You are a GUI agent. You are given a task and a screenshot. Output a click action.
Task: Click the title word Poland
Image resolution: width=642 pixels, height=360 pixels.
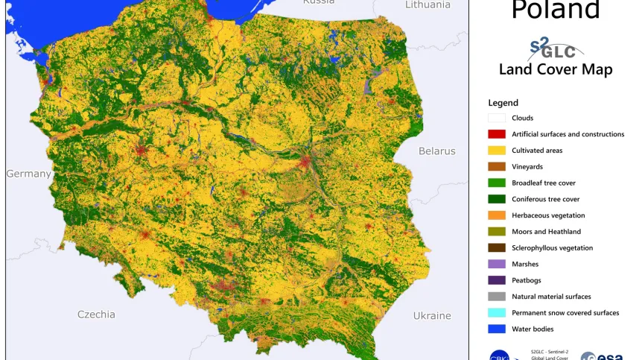click(556, 10)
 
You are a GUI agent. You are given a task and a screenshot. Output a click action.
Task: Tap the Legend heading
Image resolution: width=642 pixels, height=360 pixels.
click(503, 103)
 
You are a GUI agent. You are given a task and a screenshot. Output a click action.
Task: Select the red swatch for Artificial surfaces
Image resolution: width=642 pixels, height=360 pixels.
click(497, 134)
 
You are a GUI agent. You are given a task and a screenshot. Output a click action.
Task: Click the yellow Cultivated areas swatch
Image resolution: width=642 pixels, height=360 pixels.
click(497, 151)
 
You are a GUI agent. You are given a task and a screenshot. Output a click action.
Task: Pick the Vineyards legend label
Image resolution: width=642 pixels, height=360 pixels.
click(527, 167)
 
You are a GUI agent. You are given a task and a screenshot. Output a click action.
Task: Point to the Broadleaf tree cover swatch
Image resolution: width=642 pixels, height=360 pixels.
click(497, 183)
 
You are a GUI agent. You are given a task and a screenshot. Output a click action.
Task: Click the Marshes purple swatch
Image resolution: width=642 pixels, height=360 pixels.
click(497, 264)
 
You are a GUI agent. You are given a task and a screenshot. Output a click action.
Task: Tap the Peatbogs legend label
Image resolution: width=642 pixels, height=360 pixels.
click(526, 280)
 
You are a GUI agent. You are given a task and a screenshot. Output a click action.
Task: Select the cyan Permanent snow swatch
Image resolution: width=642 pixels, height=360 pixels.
click(497, 313)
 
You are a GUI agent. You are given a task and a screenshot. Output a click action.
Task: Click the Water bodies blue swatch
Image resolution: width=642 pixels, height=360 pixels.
click(497, 329)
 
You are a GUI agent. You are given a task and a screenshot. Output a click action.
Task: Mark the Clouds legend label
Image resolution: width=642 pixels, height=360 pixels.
click(522, 118)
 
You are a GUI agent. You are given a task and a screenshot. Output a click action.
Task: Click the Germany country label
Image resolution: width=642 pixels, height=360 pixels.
click(28, 174)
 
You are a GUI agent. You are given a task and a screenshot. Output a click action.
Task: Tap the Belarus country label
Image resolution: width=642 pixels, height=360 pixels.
click(436, 151)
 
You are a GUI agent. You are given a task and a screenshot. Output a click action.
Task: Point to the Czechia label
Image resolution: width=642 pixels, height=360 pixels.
click(97, 315)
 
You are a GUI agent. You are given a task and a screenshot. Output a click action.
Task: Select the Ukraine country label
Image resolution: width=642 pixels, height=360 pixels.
click(432, 315)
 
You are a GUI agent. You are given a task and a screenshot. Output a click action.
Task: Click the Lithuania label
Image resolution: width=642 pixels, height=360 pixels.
click(428, 4)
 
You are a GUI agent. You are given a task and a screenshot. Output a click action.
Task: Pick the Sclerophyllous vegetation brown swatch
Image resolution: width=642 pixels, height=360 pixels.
click(497, 247)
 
